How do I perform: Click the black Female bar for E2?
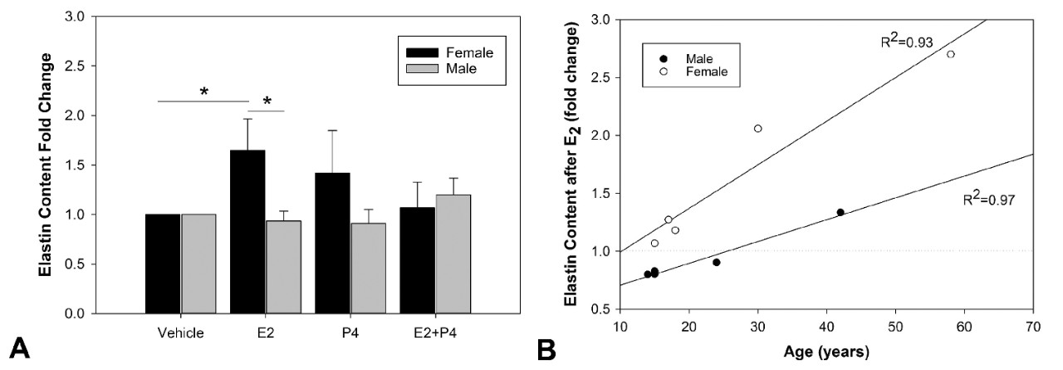pos(247,232)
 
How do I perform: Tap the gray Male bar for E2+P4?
pos(454,254)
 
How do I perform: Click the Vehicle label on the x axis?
pos(180,333)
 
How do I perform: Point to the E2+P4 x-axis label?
pos(437,333)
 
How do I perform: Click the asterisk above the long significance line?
pos(203,91)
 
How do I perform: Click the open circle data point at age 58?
pos(951,54)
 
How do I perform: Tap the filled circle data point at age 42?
pos(840,212)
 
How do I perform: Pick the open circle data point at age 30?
pos(757,128)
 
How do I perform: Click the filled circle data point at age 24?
pos(716,262)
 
